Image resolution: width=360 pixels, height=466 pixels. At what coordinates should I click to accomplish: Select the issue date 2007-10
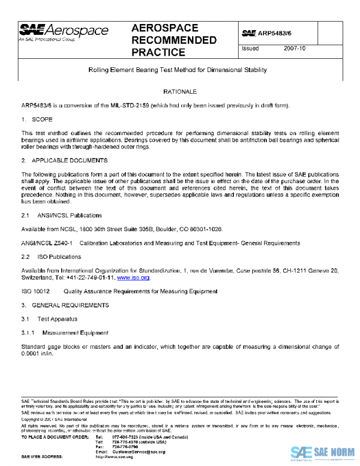[x=295, y=49]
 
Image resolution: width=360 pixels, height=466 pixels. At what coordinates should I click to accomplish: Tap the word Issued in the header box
[x=251, y=49]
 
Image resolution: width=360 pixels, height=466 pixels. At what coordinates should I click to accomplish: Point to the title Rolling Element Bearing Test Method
[x=177, y=70]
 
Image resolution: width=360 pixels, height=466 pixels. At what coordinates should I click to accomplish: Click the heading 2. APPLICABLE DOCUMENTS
[x=64, y=161]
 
